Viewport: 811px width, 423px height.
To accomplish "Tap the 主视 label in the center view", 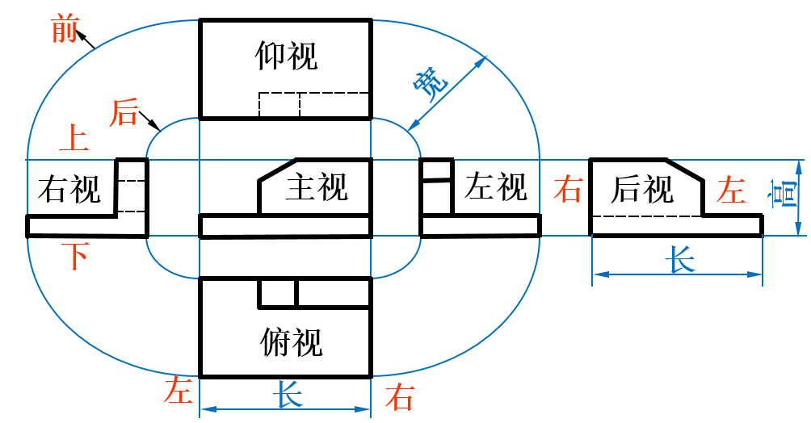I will point(316,187).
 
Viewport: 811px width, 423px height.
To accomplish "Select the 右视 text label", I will point(69,191).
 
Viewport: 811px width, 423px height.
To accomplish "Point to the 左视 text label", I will point(495,188).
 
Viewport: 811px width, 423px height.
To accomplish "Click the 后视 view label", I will point(642,190).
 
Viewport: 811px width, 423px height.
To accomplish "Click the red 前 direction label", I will point(64,30).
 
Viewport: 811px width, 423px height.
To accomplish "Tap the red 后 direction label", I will point(124,112).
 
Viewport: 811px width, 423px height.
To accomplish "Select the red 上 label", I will point(74,139).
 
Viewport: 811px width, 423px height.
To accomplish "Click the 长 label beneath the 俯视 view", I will point(288,395).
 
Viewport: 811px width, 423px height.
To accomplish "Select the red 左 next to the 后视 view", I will point(731,191).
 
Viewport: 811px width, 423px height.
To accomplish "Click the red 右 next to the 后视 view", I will point(568,191).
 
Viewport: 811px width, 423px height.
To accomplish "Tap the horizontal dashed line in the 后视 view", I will point(646,216).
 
